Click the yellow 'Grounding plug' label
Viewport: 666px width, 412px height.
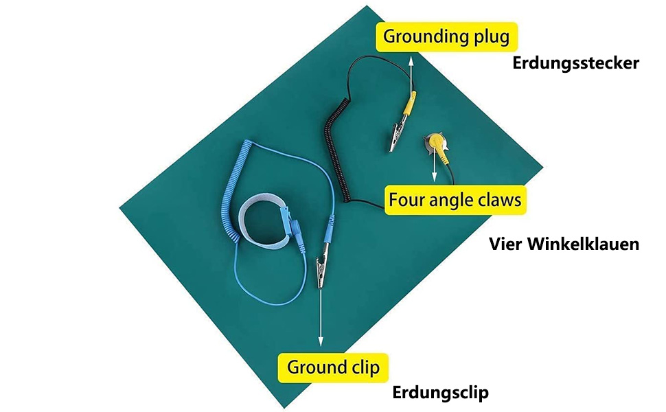(446, 36)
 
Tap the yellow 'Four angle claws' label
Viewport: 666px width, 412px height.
(455, 201)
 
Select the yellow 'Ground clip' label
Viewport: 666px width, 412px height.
(333, 367)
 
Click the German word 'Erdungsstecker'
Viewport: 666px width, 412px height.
(576, 64)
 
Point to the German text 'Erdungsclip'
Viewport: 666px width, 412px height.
(440, 393)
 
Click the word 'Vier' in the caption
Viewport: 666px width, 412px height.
(507, 244)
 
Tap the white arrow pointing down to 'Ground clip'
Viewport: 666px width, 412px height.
(320, 316)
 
